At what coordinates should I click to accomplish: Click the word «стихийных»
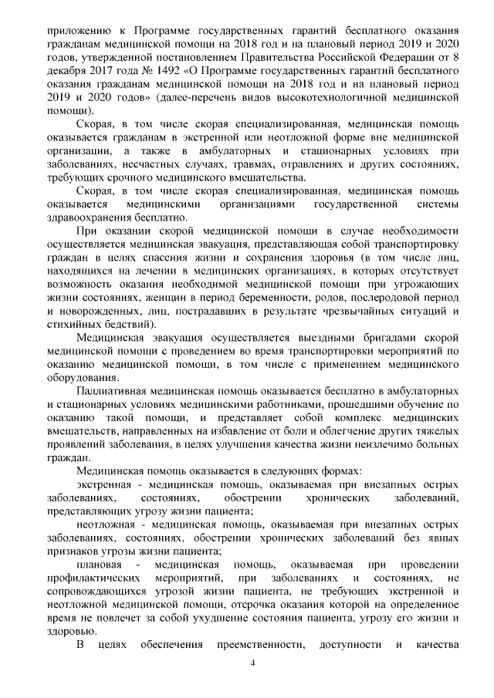click(79, 325)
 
